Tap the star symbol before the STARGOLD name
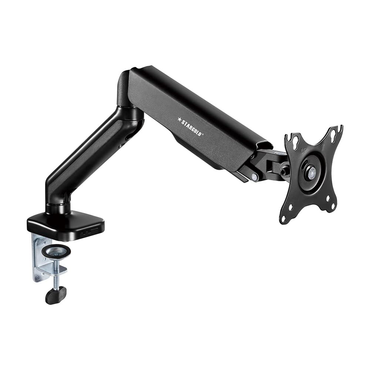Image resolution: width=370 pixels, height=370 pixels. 179,119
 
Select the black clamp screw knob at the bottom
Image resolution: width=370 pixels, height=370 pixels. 55,295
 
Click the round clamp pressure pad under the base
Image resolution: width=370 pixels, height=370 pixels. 56,252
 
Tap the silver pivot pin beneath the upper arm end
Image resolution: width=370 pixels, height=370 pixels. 254,177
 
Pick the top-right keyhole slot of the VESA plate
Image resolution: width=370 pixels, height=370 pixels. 334,133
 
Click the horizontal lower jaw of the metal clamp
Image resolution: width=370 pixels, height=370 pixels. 54,270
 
